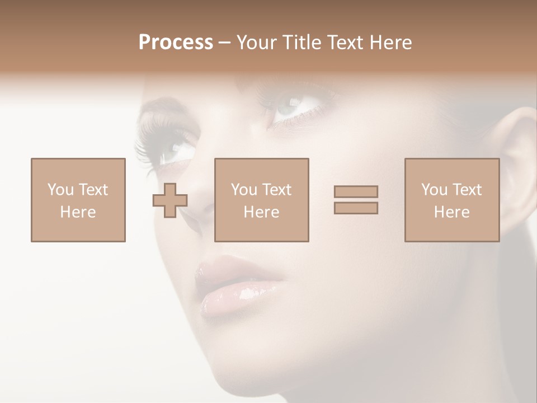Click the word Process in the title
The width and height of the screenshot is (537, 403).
click(x=176, y=43)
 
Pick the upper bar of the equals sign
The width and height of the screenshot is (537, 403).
click(x=356, y=191)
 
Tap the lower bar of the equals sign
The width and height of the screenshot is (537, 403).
click(x=356, y=208)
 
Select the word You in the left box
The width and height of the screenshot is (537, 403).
click(x=60, y=190)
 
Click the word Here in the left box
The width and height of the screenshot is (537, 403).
click(x=78, y=212)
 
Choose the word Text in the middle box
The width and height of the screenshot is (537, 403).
click(x=277, y=190)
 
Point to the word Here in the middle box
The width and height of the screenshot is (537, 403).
click(x=261, y=212)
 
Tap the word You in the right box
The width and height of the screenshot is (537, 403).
click(x=434, y=190)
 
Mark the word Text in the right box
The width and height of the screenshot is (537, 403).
click(x=467, y=190)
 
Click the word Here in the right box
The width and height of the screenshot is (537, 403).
click(x=451, y=212)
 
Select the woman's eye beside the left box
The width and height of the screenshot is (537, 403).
click(x=173, y=149)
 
